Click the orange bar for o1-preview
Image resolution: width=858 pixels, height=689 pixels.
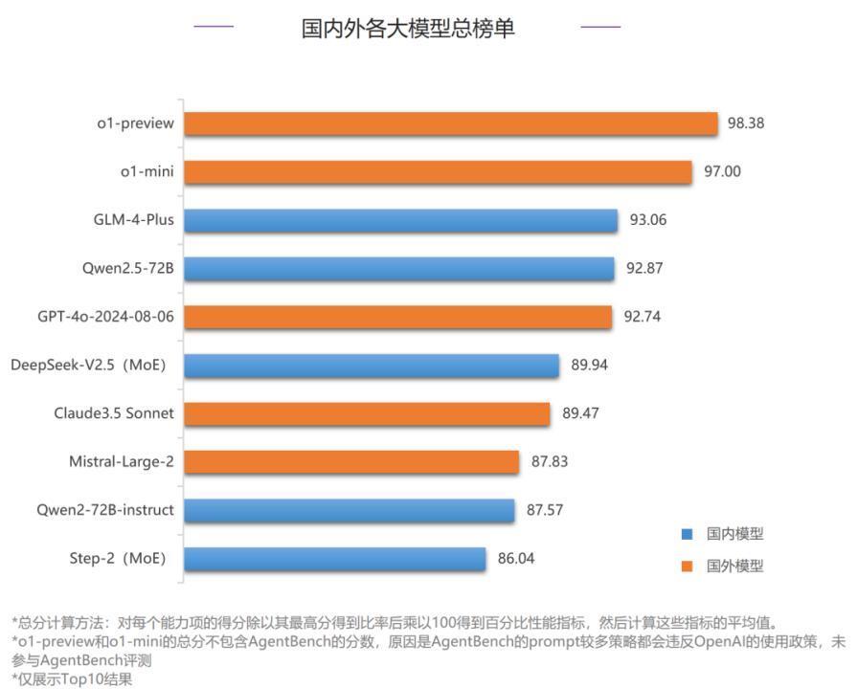450,123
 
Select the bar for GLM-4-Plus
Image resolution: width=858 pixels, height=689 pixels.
400,220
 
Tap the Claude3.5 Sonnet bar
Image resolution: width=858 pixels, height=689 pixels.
367,413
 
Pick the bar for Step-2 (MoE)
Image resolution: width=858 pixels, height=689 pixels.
335,559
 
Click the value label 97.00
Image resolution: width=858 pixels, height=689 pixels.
723,172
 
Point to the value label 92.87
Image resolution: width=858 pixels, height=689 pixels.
644,269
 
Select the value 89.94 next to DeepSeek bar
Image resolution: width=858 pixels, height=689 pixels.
589,365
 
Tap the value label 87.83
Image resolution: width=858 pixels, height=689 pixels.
550,461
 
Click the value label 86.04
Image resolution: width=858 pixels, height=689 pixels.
516,559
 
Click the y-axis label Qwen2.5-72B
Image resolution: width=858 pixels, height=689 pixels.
127,268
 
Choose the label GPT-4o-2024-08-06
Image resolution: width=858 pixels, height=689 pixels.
105,316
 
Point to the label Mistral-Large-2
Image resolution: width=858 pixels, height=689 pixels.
121,461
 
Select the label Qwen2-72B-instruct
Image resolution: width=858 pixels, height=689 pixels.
105,510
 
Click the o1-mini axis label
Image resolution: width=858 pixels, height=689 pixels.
147,171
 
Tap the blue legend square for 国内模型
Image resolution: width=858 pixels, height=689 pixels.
687,535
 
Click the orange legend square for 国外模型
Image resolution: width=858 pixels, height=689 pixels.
687,566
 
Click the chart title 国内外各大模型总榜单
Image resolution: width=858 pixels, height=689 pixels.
408,28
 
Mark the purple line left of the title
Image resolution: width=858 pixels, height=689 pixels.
214,27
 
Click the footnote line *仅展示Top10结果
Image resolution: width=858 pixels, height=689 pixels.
72,679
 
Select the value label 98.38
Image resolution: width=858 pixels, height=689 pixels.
746,123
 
